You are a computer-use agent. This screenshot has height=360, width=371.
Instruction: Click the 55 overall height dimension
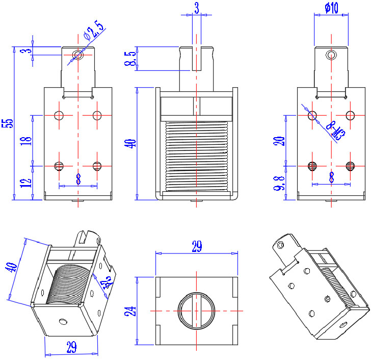coord(8,124)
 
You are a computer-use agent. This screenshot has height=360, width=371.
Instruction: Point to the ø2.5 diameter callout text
coord(94,31)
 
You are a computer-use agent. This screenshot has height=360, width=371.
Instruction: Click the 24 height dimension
coord(130,311)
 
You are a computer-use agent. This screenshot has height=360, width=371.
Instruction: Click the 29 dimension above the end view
coord(196,247)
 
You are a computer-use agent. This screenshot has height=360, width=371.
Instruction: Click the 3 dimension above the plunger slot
coord(197,7)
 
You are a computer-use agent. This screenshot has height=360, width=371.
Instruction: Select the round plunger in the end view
coord(197,311)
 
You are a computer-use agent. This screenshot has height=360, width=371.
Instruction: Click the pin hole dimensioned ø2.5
coord(77,55)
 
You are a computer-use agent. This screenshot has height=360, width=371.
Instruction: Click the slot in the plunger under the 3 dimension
coord(197,59)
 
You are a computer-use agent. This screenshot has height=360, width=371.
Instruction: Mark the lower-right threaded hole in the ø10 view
coord(350,166)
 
